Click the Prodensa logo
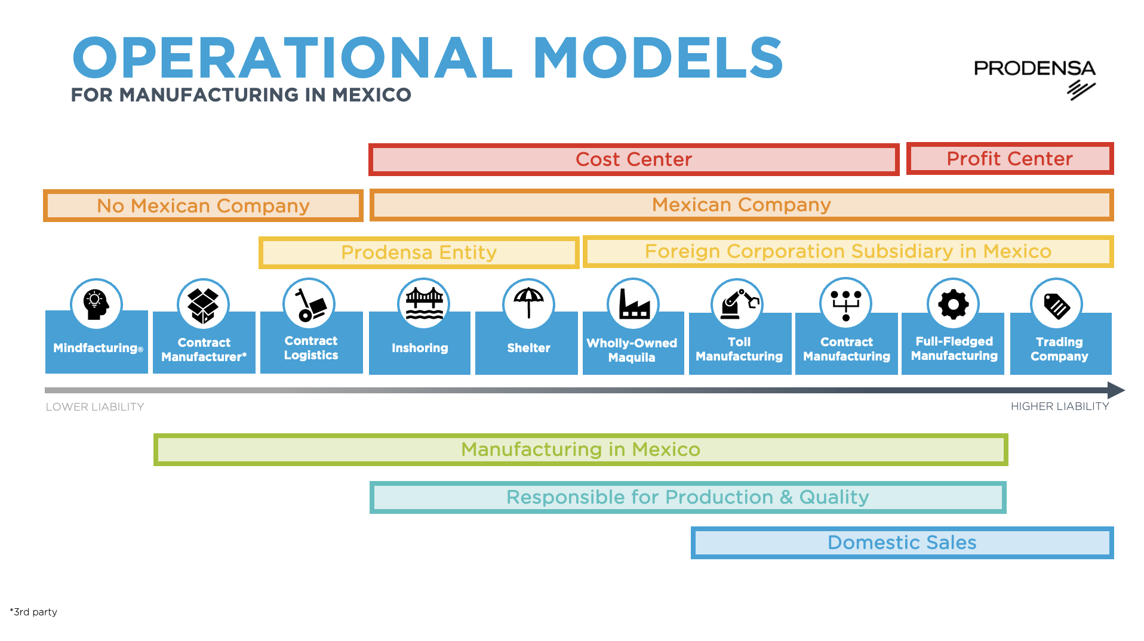point(1034,78)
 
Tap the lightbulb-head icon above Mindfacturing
point(96,304)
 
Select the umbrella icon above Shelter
point(528,303)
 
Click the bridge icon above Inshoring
point(424,303)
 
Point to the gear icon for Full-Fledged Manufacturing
point(953,304)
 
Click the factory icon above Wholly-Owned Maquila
point(633,304)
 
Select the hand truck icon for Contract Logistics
point(309,304)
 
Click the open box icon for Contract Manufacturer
point(203,304)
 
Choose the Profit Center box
point(1010,159)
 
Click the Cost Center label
point(633,159)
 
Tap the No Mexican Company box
point(203,206)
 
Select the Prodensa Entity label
point(419,252)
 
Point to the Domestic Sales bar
point(902,543)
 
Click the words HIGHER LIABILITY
point(1059,406)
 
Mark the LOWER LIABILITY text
point(95,407)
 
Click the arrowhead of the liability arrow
point(1116,390)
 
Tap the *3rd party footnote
point(33,612)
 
